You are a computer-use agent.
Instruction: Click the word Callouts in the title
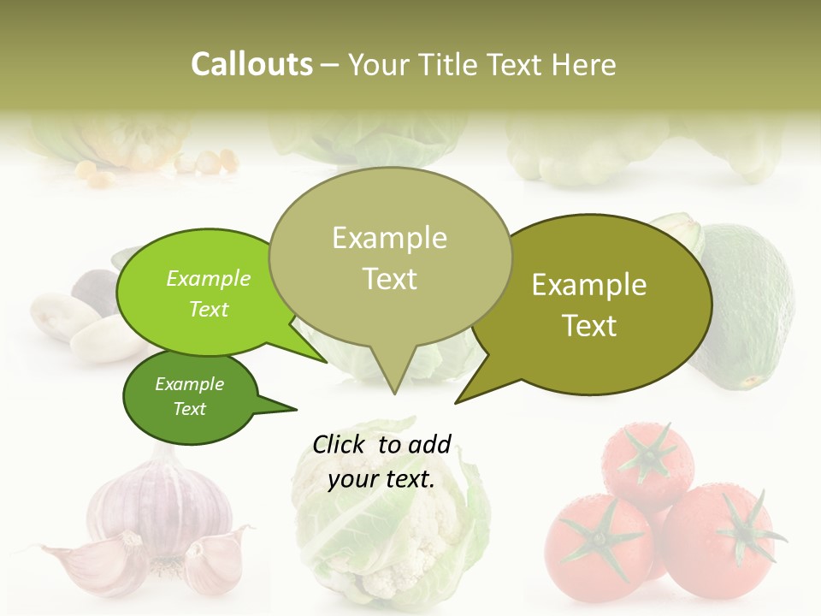click(251, 64)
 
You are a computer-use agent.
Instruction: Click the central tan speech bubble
click(390, 257)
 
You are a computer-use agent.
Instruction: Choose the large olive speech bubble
click(599, 304)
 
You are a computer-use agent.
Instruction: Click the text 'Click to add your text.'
click(381, 461)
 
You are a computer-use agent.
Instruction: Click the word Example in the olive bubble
click(589, 285)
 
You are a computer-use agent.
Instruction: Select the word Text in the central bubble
click(390, 279)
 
